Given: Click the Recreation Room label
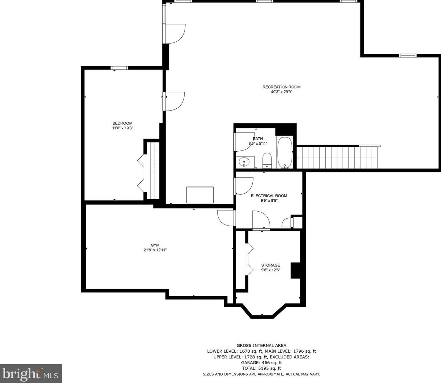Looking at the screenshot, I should (x=281, y=87).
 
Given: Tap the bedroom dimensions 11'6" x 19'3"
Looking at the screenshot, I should (x=122, y=129).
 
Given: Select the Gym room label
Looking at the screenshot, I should (x=155, y=245).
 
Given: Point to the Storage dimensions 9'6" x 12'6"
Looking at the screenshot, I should (x=270, y=270).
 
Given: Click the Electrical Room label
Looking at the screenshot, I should (x=269, y=196).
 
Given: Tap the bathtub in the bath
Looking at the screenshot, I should (x=285, y=152).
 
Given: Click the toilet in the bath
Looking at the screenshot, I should (x=267, y=160).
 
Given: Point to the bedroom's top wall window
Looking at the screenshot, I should (x=119, y=68).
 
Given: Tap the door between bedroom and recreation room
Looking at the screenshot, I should (x=174, y=101).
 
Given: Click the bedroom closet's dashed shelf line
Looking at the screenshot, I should (x=155, y=170).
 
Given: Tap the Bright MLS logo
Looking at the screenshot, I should (x=31, y=373).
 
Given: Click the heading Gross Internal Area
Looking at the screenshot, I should (x=261, y=345).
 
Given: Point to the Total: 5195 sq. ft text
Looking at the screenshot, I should (x=261, y=368).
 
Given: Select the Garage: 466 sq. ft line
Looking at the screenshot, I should (x=261, y=362).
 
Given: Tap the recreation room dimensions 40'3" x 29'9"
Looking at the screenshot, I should (x=281, y=92).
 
